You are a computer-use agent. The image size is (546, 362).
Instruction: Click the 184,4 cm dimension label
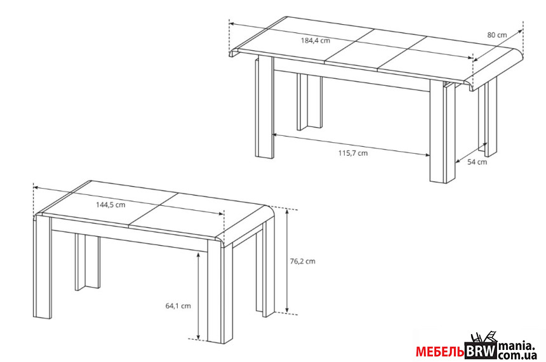pyautogui.click(x=315, y=41)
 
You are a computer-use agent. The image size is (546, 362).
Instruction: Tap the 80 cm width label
pyautogui.click(x=497, y=35)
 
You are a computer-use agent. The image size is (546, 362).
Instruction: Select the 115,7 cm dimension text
pyautogui.click(x=353, y=153)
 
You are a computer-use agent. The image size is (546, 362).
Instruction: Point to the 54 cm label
pyautogui.click(x=477, y=162)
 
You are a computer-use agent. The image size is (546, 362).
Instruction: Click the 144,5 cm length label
pyautogui.click(x=110, y=205)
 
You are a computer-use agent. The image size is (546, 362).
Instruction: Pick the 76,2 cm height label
pyautogui.click(x=303, y=261)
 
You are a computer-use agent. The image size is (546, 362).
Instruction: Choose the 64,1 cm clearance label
pyautogui.click(x=178, y=306)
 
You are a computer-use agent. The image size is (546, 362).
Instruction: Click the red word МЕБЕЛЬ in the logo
pyautogui.click(x=440, y=352)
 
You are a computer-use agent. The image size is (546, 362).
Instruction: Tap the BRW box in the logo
pyautogui.click(x=481, y=351)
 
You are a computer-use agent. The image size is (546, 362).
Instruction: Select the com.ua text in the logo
pyautogui.click(x=517, y=356)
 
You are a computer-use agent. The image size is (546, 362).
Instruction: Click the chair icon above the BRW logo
pyautogui.click(x=484, y=337)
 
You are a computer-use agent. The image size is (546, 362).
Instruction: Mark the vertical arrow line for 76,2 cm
pyautogui.click(x=287, y=261)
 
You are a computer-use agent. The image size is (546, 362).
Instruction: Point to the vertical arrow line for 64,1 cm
pyautogui.click(x=198, y=295)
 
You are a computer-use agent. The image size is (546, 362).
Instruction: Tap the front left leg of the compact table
pyautogui.click(x=43, y=267)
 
